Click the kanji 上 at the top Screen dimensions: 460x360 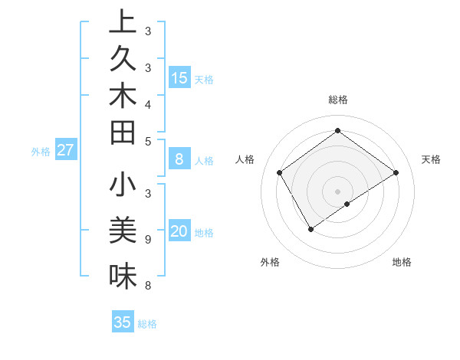coord(123,22)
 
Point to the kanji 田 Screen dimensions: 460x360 coord(123,133)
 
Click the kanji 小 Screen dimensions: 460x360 coord(123,185)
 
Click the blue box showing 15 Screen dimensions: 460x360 coord(179,77)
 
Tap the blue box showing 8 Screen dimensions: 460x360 coord(179,159)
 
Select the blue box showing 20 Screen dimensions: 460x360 coord(179,231)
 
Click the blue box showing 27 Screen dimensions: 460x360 coord(66,150)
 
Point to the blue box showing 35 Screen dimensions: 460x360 coord(123,322)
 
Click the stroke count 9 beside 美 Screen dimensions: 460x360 coord(147,240)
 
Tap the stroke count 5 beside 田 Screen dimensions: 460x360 coord(147,141)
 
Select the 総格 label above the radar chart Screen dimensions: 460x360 coord(338,100)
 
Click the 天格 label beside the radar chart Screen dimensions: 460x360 coord(431,159)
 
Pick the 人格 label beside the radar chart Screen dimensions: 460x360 coord(245,159)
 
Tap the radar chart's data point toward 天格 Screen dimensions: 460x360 coord(396,172)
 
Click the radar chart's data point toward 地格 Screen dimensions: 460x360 coord(347,204)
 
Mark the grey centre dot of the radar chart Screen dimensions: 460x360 coord(338,191)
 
